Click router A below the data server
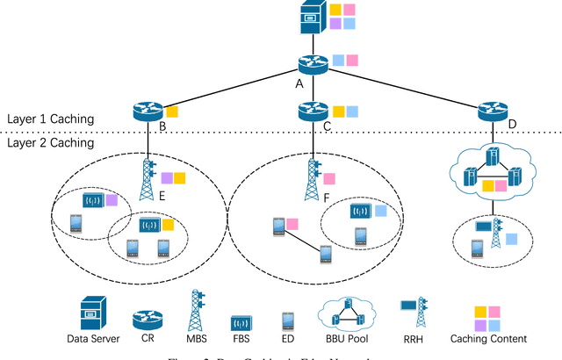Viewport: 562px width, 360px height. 310,64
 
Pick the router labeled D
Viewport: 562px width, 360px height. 492,112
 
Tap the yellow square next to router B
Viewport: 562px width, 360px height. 172,112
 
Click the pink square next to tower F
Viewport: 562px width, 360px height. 329,178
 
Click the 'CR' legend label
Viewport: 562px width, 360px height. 147,339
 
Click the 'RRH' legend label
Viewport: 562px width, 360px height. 414,339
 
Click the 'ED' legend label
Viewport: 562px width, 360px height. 287,339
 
